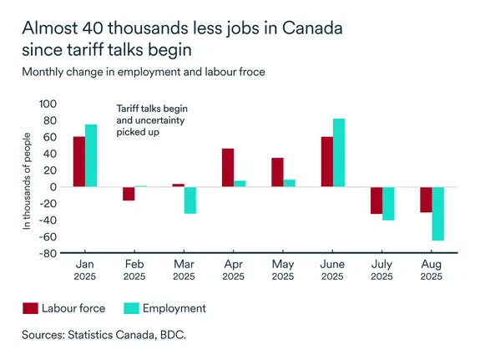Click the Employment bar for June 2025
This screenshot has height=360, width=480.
click(338, 153)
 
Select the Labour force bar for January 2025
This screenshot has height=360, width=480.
click(78, 162)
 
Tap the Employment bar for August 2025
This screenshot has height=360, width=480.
click(437, 214)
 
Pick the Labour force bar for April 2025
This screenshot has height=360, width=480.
click(227, 168)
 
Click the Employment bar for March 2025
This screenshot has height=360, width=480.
click(190, 200)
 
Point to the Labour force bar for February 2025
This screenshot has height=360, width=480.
click(129, 194)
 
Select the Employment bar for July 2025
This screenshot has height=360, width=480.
click(387, 204)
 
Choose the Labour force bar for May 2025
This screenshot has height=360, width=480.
click(277, 172)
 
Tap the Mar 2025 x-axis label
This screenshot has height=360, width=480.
click(184, 270)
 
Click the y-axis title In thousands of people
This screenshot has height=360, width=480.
click(27, 180)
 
